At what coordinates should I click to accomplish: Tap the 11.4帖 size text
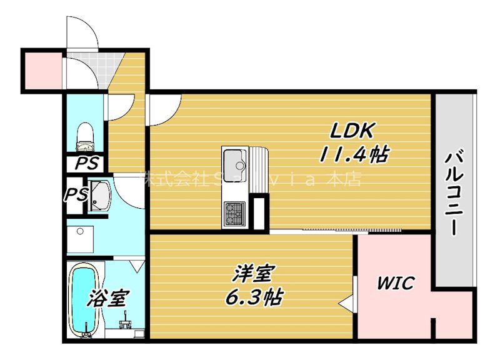(x=353, y=154)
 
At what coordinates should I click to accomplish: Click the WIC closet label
(x=394, y=283)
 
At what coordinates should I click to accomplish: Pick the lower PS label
(x=76, y=194)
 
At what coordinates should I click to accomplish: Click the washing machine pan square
(x=81, y=238)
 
